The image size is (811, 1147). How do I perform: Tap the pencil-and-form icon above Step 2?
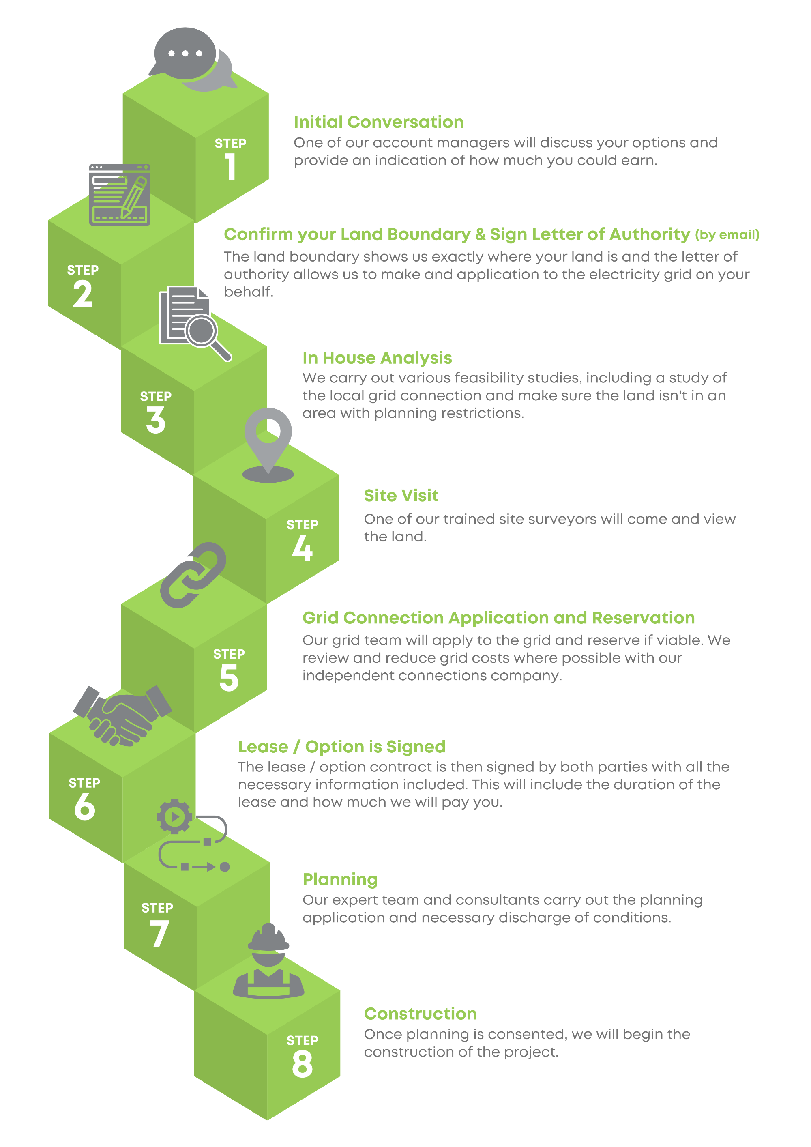click(120, 195)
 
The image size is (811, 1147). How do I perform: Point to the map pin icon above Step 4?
click(268, 442)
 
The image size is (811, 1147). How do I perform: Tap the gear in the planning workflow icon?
click(174, 817)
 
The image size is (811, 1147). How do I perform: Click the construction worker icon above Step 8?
click(269, 962)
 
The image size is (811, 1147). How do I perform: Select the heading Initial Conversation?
click(378, 122)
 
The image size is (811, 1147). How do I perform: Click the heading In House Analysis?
click(377, 358)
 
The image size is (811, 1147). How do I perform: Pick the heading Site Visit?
click(401, 495)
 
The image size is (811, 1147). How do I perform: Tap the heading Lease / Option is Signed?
click(341, 746)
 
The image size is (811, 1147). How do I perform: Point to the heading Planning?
click(340, 879)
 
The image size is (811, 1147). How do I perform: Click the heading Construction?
click(420, 1014)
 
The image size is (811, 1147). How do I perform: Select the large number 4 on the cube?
click(302, 548)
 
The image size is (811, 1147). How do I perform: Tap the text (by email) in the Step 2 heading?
click(727, 235)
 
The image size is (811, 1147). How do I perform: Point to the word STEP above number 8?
click(302, 1041)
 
